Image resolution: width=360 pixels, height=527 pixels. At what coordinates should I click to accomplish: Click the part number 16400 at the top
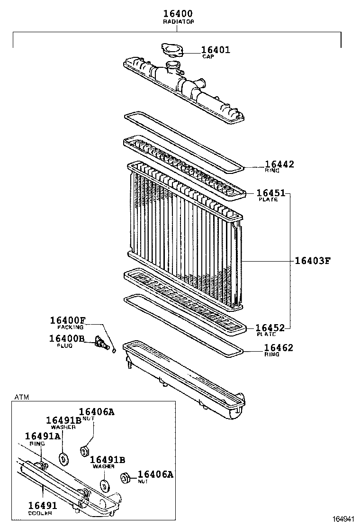pyautogui.click(x=178, y=14)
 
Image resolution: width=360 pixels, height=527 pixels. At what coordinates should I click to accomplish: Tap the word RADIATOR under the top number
pyautogui.click(x=178, y=22)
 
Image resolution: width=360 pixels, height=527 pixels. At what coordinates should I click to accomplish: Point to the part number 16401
pyautogui.click(x=216, y=49)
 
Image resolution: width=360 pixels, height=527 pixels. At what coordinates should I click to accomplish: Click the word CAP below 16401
pyautogui.click(x=208, y=56)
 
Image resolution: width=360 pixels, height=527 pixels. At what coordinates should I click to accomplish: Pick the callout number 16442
pyautogui.click(x=279, y=164)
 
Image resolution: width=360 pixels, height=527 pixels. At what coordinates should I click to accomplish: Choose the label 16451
pyautogui.click(x=271, y=193)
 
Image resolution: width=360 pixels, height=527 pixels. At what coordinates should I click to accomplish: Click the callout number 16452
pyautogui.click(x=270, y=328)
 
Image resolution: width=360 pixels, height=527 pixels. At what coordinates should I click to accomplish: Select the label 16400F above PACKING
pyautogui.click(x=68, y=320)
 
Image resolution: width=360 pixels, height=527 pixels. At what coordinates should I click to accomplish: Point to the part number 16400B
pyautogui.click(x=66, y=338)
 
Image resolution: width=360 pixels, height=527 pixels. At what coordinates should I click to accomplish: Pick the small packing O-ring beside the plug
pyautogui.click(x=114, y=351)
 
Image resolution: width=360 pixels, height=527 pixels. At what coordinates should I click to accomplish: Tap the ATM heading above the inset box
pyautogui.click(x=21, y=397)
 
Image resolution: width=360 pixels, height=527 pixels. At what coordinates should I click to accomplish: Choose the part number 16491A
pyautogui.click(x=43, y=436)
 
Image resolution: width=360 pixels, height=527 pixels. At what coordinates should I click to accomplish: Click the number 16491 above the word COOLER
pyautogui.click(x=41, y=506)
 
